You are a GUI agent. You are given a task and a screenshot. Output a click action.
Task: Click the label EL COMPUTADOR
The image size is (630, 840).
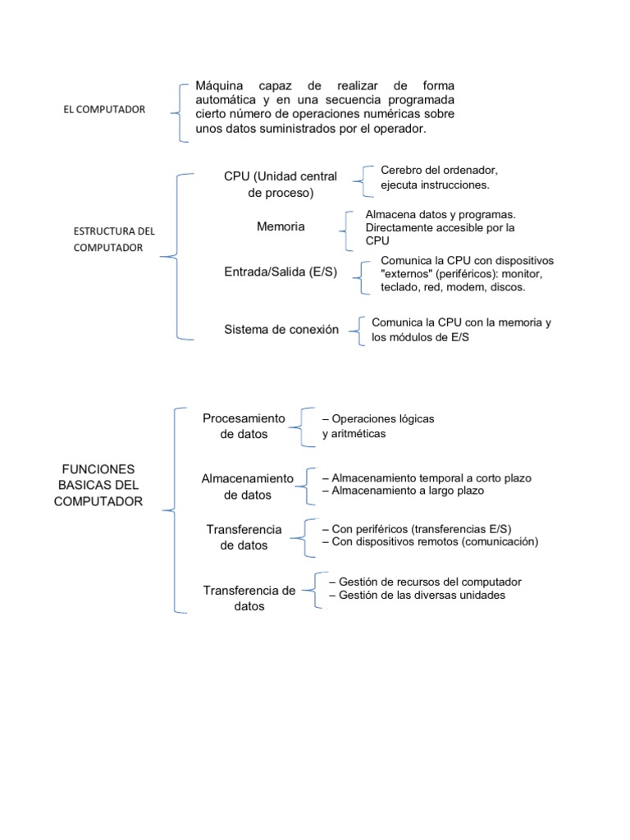104,109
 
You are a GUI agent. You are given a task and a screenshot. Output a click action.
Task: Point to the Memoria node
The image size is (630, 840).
281,226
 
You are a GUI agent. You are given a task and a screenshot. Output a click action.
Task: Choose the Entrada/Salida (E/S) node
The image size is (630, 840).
281,272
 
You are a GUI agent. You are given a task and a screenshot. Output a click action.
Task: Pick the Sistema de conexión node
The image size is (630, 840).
281,329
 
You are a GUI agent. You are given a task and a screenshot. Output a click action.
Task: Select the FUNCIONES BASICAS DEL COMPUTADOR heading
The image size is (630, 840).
98,485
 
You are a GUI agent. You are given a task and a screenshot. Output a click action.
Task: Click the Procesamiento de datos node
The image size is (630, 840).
244,427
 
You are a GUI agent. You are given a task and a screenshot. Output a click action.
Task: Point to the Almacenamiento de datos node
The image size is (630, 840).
247,486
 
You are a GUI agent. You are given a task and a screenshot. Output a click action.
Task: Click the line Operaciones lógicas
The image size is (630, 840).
378,418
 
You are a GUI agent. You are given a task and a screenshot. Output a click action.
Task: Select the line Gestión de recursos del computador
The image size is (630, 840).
424,582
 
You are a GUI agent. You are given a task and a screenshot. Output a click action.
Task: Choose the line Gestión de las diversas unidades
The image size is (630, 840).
417,595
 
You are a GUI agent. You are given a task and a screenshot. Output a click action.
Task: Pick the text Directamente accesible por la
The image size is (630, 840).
440,227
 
